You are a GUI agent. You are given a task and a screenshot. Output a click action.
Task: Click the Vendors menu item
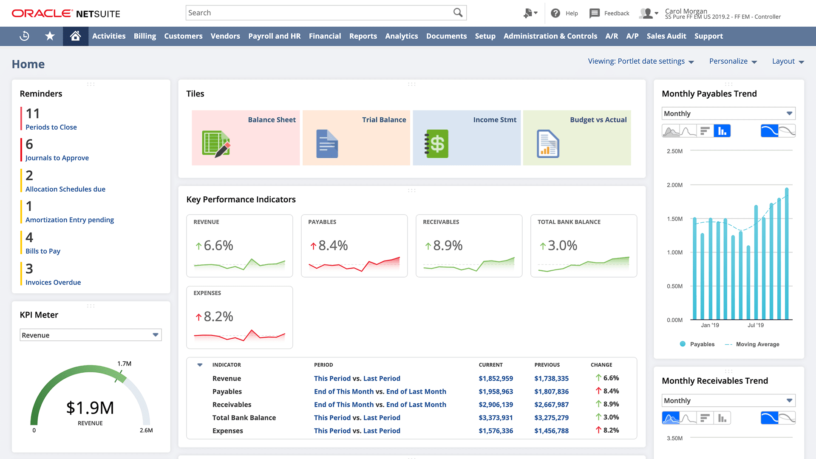(225, 36)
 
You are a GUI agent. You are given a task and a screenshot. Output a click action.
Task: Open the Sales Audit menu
(666, 36)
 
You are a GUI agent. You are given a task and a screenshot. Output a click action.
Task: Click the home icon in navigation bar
(75, 36)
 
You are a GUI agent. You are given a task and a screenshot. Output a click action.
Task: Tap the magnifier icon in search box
(458, 13)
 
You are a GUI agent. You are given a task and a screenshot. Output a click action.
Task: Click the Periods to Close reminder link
(51, 127)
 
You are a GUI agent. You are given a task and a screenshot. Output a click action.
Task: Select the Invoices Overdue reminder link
(53, 282)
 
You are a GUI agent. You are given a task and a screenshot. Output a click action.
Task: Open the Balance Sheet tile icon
(216, 144)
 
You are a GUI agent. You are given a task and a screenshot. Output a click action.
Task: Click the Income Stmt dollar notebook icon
(436, 144)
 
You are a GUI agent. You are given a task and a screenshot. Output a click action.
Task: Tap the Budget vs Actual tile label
(598, 120)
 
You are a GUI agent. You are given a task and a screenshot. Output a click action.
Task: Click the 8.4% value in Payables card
(333, 246)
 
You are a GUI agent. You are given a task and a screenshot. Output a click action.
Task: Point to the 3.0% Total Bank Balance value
(562, 246)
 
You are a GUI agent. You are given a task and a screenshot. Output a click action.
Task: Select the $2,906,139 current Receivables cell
(496, 405)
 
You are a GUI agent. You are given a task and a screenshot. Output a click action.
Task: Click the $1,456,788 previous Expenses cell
(551, 431)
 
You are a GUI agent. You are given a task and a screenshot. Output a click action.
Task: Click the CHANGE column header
(601, 365)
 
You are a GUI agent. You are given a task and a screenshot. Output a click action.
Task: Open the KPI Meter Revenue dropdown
(91, 335)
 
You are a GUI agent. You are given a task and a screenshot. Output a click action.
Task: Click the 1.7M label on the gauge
(124, 364)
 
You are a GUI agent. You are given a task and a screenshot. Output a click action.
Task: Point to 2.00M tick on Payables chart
(674, 185)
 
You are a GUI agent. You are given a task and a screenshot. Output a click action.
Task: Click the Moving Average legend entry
(757, 344)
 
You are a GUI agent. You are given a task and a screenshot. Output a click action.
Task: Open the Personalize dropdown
(733, 61)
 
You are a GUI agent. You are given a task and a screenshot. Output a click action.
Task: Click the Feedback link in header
(616, 13)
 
